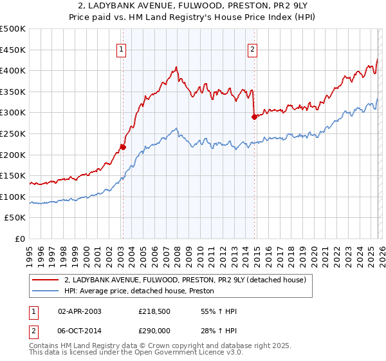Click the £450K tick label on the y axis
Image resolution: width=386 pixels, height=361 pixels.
(13, 50)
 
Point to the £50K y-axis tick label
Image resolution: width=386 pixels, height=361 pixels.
(15, 218)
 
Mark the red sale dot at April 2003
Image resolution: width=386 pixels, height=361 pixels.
(123, 147)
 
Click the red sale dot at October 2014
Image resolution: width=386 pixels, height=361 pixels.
(254, 117)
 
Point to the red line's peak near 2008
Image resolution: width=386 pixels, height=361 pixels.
(176, 66)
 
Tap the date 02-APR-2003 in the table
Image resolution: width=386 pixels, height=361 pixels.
(80, 311)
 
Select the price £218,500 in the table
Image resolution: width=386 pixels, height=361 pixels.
(153, 311)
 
